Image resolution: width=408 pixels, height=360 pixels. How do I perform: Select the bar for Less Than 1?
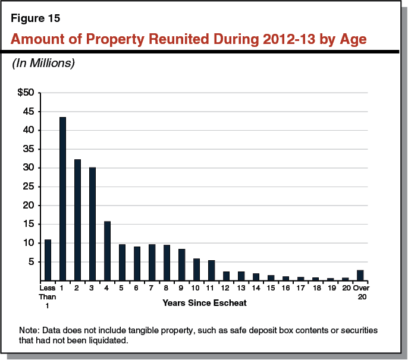pos(48,260)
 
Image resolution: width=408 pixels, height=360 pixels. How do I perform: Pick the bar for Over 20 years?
pos(360,275)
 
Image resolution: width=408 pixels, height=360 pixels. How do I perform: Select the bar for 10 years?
pos(196,269)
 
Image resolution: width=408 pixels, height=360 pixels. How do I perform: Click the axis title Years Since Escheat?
pos(196,303)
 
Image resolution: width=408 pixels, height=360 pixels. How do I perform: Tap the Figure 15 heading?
pos(35,18)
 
